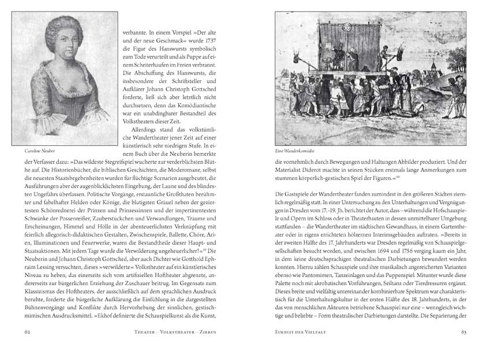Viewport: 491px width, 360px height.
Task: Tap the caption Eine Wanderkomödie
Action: click(295, 151)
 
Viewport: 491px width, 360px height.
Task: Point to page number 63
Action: click(464, 332)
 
